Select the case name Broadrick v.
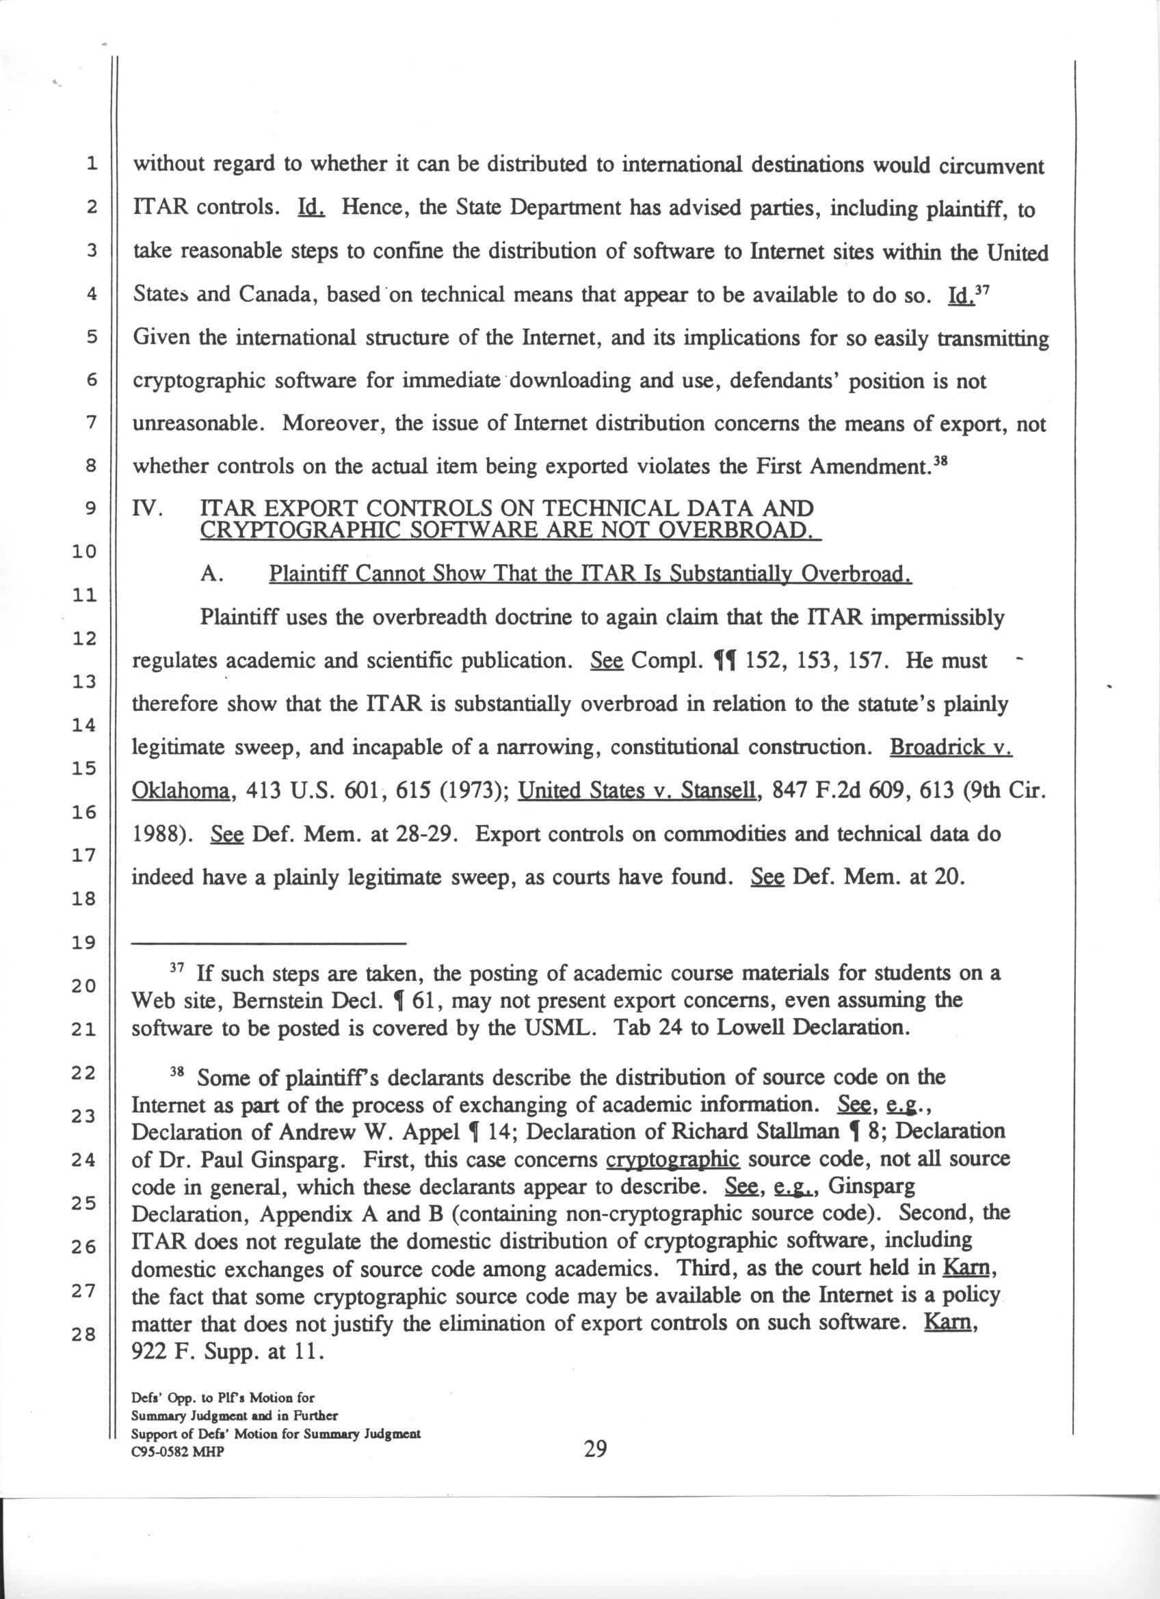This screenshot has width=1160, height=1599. click(x=951, y=747)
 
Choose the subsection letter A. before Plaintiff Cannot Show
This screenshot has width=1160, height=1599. click(x=211, y=574)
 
